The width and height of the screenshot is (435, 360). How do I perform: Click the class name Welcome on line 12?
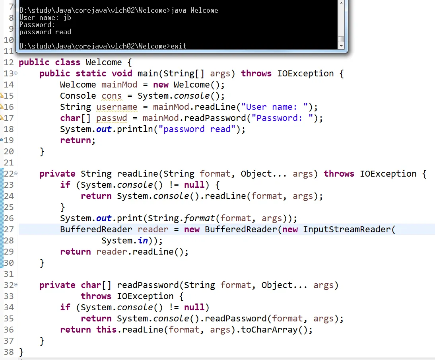(103, 62)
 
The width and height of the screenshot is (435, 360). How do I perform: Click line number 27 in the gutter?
(9, 230)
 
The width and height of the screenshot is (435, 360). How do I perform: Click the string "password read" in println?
(197, 129)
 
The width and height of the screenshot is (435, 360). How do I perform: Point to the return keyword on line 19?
(77, 140)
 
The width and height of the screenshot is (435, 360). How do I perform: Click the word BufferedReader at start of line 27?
(96, 230)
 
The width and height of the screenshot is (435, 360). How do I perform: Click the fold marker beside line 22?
(16, 173)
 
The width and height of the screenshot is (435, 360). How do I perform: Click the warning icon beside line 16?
(2, 107)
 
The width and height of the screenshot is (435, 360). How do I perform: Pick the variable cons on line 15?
(112, 96)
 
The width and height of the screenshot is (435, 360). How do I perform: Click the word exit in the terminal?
(179, 46)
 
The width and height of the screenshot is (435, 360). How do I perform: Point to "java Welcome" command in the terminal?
(194, 10)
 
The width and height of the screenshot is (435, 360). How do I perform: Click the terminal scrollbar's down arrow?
(341, 46)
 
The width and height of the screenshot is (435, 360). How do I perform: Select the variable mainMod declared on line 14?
(119, 85)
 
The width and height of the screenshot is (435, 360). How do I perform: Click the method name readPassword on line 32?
(148, 285)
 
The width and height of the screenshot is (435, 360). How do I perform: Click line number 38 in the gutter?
(9, 352)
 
